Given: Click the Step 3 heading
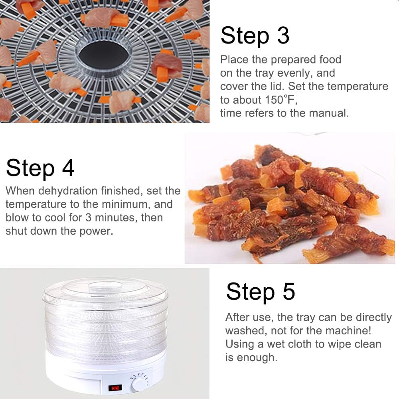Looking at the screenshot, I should click(255, 36).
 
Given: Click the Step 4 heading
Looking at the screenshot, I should click(40, 168).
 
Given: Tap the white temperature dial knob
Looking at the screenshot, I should click(140, 383).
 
